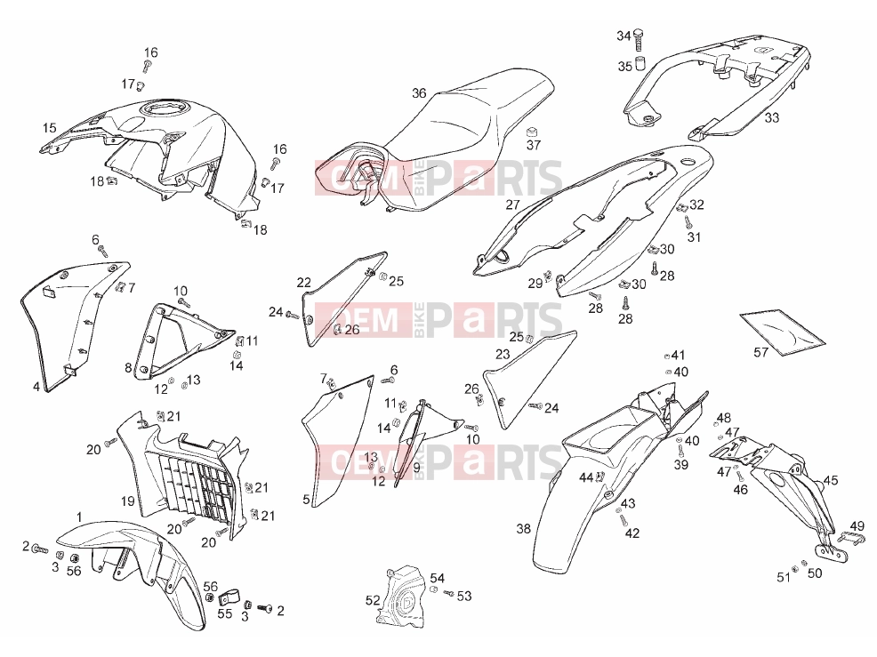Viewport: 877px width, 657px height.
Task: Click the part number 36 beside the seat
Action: click(x=419, y=93)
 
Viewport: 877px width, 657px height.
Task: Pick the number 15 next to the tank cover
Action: click(x=50, y=127)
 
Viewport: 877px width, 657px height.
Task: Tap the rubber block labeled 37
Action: click(x=533, y=132)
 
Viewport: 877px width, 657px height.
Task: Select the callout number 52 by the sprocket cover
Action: click(x=373, y=600)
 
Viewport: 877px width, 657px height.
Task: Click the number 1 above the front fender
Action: click(x=79, y=517)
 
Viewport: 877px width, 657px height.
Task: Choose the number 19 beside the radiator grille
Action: click(x=128, y=501)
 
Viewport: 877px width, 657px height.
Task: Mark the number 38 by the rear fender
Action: click(x=524, y=528)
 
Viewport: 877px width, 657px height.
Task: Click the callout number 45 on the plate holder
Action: click(x=831, y=480)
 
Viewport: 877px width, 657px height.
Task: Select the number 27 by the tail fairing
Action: click(x=513, y=204)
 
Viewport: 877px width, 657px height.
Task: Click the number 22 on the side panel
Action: click(x=303, y=283)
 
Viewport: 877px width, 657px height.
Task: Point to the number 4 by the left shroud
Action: click(x=36, y=387)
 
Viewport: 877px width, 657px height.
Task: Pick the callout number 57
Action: click(x=761, y=352)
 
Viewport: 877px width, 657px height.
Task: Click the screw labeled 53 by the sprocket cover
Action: click(x=448, y=593)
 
